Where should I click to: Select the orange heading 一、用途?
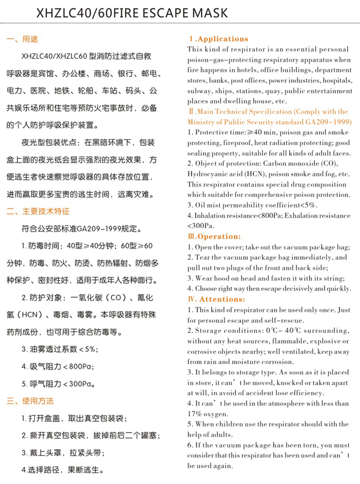(x=22, y=40)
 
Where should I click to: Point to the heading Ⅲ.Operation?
(x=214, y=236)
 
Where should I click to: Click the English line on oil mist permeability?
(x=252, y=205)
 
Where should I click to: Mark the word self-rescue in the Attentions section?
(x=284, y=320)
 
